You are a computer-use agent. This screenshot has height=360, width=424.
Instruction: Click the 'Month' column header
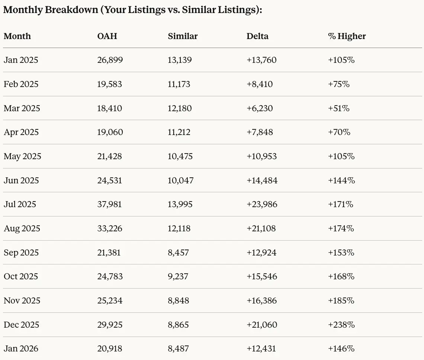[17, 36]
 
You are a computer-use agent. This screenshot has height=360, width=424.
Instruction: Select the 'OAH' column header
[107, 36]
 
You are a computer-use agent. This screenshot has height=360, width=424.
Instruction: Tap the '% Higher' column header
[347, 36]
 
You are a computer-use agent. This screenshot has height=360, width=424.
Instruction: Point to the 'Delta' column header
[257, 36]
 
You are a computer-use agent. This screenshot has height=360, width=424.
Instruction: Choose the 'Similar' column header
[183, 36]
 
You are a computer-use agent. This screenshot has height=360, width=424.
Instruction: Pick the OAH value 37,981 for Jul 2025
[110, 204]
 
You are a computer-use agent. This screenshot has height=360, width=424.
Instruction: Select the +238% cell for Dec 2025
[341, 325]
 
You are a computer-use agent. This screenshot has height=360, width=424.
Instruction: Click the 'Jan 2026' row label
[21, 348]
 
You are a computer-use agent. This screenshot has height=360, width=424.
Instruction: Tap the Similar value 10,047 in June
[180, 180]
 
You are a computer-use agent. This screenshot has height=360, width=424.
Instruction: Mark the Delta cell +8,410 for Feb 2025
[260, 84]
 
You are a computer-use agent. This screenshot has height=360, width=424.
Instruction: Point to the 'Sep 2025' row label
[21, 253]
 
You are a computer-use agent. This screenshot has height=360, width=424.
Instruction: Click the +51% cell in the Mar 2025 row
[338, 108]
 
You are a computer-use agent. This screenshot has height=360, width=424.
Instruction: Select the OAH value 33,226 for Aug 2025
[110, 228]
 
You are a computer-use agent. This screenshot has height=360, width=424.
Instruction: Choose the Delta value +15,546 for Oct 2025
[262, 276]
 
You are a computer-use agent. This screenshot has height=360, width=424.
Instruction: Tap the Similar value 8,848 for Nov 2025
[178, 300]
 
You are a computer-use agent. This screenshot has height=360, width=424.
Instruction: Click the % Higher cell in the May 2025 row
[341, 156]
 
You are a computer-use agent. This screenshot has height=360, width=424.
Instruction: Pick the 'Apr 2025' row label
[21, 132]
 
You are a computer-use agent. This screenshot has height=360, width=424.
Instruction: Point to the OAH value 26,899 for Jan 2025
[110, 60]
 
